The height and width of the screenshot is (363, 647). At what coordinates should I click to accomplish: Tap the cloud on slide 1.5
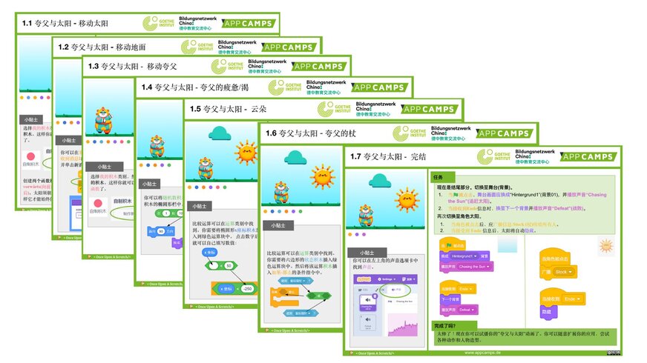click(x=221, y=133)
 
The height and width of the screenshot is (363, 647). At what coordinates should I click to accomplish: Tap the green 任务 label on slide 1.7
click(x=438, y=178)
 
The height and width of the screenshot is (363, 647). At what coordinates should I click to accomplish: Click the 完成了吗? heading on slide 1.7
click(x=447, y=325)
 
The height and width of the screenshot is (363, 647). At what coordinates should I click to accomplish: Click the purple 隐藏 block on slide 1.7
click(x=548, y=313)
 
